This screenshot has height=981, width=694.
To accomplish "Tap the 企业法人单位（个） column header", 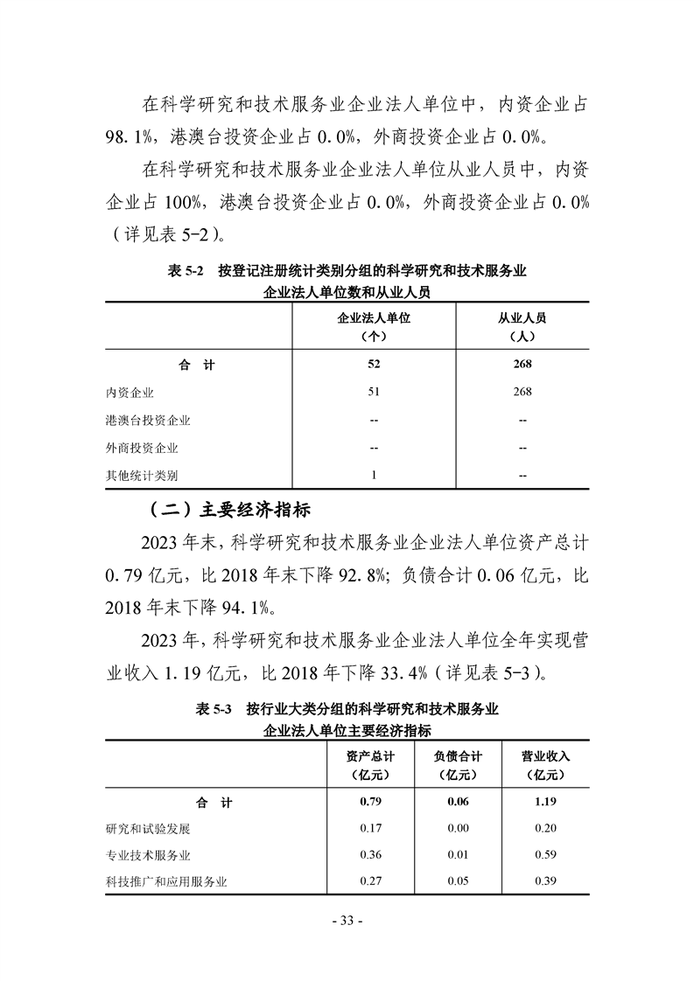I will [x=374, y=326].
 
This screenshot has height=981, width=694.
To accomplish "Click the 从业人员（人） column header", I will [x=522, y=326].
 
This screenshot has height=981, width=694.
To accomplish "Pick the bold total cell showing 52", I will [x=374, y=365].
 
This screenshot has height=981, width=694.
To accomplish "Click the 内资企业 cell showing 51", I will [x=374, y=393].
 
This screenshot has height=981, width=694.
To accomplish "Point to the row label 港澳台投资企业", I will [x=148, y=421].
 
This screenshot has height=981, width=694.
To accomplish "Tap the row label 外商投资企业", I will [x=142, y=448].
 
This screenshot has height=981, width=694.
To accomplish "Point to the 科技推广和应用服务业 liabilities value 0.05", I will [x=458, y=881].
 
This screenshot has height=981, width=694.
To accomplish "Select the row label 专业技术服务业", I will [x=148, y=854].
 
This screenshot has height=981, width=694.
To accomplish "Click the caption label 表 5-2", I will [x=185, y=272].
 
